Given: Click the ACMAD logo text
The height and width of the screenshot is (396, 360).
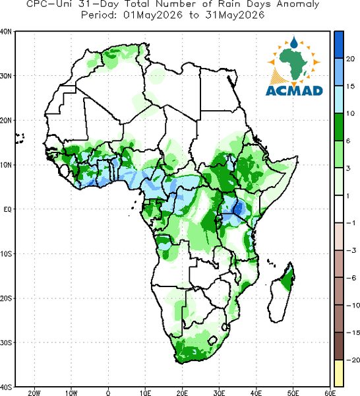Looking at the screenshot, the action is coord(294,90).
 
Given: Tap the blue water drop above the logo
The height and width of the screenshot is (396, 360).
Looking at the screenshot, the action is coord(293,42).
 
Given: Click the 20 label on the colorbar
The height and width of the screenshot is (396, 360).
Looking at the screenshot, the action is coord(350,59).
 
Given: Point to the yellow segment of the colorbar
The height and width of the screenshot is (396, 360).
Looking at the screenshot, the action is coord(339,373).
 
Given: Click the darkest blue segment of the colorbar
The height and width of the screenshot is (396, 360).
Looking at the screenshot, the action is coord(339,45).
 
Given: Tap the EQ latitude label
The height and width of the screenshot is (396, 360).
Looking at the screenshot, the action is coord(7,209).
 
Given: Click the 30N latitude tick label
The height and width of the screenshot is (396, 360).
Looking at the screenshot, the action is coord(6,76).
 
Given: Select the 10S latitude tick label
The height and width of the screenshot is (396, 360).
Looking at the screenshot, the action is coord(6,254).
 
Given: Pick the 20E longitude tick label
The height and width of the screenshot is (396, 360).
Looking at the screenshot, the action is coord(182,393).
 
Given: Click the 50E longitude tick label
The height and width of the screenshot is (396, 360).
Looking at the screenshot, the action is coord(293,393).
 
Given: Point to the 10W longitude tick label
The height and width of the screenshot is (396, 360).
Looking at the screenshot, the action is coord(71,393).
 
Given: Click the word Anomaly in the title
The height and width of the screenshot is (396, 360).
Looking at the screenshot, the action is coord(298,5).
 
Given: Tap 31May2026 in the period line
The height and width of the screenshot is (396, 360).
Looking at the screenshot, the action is coord(235,15).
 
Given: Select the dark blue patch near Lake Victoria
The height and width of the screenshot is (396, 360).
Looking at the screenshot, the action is coord(239,209).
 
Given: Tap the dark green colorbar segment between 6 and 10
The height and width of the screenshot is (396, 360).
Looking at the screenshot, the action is coord(339,127).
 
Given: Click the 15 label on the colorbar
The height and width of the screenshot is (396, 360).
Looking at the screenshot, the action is coord(350,86).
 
